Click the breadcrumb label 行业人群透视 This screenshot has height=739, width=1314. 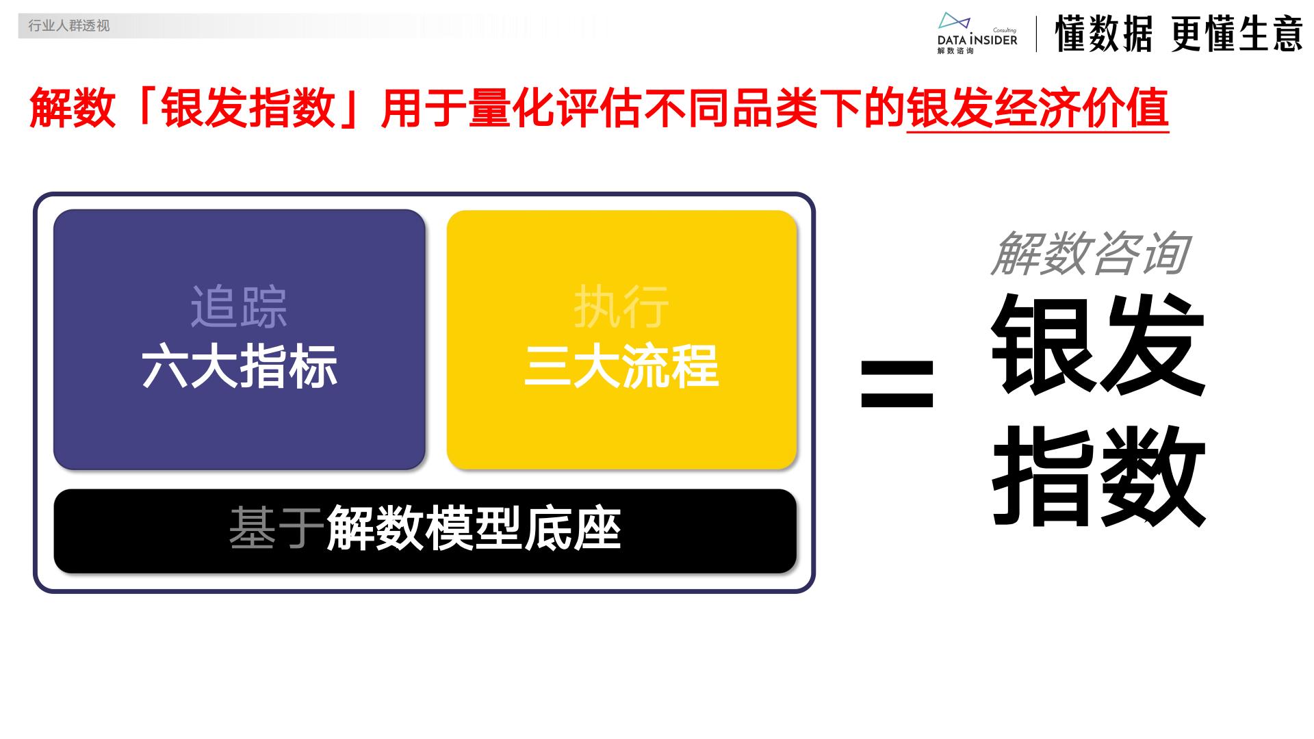(68, 26)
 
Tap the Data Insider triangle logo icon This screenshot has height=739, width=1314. (953, 21)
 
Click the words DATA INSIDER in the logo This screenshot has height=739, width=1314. (977, 40)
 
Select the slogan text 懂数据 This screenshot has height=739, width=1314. (1103, 34)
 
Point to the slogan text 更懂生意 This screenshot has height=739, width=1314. (1237, 34)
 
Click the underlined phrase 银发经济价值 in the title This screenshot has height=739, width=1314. (1037, 109)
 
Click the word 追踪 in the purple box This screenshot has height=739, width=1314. (239, 307)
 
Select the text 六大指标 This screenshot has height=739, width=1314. (240, 367)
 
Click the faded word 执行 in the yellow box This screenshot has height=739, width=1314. (621, 307)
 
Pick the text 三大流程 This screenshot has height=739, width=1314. (621, 367)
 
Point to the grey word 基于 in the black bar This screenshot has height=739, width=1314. (276, 528)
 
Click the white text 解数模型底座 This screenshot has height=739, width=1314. (474, 528)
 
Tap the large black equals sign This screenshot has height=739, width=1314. (897, 384)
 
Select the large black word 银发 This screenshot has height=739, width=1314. (1098, 346)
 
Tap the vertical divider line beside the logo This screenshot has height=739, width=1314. (1036, 34)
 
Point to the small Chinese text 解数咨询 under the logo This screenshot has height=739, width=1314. (955, 51)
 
